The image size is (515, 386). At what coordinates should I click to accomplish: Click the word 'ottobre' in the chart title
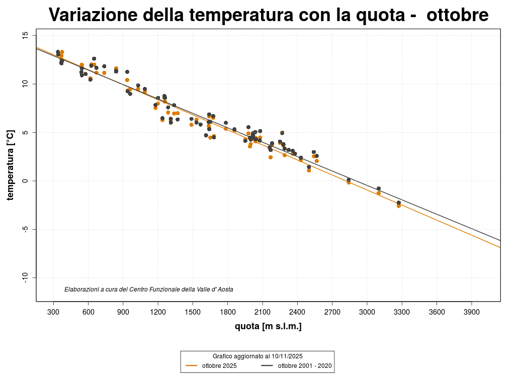click(457, 15)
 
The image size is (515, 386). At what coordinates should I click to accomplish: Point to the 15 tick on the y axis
click(25, 36)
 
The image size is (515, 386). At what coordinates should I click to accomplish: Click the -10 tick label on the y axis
click(25, 278)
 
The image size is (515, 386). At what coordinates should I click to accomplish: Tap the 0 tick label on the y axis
click(25, 181)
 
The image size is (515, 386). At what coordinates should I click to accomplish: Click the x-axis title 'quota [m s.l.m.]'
click(268, 327)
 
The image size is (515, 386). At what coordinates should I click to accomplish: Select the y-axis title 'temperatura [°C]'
click(10, 165)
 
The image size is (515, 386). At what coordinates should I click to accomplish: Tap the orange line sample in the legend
click(192, 366)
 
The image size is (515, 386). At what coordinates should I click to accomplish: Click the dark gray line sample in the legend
click(267, 366)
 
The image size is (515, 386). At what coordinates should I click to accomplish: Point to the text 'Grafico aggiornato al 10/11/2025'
click(257, 356)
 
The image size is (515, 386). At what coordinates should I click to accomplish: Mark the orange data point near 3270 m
click(399, 206)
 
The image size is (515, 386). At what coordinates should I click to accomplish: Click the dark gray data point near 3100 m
click(379, 188)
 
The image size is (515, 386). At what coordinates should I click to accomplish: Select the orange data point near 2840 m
click(349, 182)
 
